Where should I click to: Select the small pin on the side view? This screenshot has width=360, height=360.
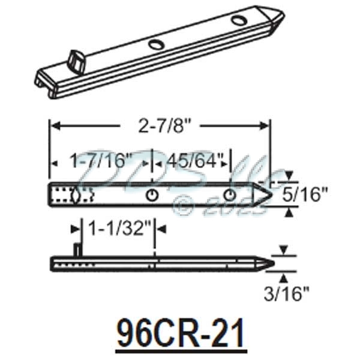pyautogui.click(x=76, y=248)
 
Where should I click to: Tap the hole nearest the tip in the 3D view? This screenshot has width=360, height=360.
pyautogui.click(x=239, y=21)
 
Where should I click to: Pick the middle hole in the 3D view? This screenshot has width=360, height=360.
pyautogui.click(x=155, y=44)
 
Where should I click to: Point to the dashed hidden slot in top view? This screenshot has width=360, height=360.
pyautogui.click(x=73, y=195)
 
